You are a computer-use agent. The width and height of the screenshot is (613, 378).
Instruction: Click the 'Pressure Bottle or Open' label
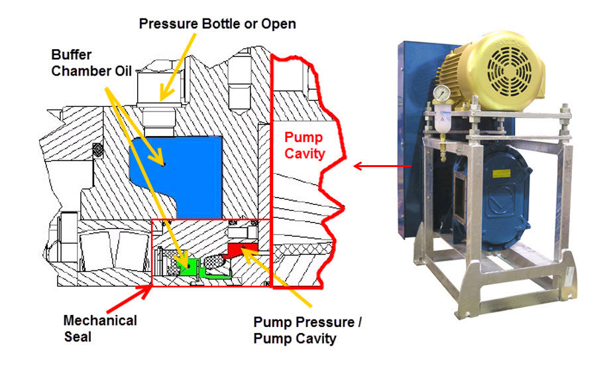(217, 24)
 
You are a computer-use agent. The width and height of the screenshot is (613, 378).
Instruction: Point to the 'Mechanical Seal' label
(100, 328)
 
